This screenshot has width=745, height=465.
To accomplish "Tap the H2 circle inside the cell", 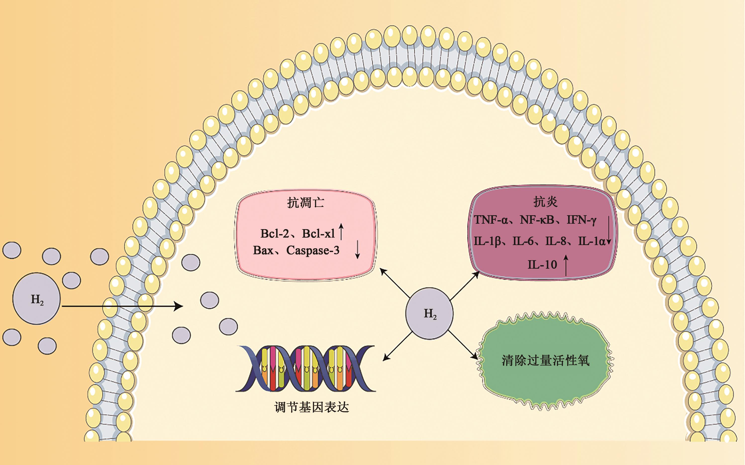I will pyautogui.click(x=429, y=313).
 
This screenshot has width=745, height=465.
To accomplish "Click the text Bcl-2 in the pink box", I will pyautogui.click(x=274, y=234).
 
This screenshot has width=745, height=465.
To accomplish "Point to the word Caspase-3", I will pyautogui.click(x=313, y=250).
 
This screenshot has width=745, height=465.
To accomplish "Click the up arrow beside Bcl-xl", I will pyautogui.click(x=341, y=232).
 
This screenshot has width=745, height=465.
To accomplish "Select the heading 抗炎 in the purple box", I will pyautogui.click(x=545, y=202).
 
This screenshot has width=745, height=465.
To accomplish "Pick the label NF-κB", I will pyautogui.click(x=537, y=220).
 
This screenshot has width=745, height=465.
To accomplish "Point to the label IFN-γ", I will pyautogui.click(x=581, y=220).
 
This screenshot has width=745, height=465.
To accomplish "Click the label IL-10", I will pyautogui.click(x=542, y=264).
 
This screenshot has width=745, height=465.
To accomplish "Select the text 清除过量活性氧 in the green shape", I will pyautogui.click(x=545, y=360).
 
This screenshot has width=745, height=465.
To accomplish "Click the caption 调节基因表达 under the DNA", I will pyautogui.click(x=311, y=407).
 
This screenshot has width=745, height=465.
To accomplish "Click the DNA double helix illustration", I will pyautogui.click(x=305, y=368).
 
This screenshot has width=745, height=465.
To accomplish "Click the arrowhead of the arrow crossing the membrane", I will pyautogui.click(x=179, y=306).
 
